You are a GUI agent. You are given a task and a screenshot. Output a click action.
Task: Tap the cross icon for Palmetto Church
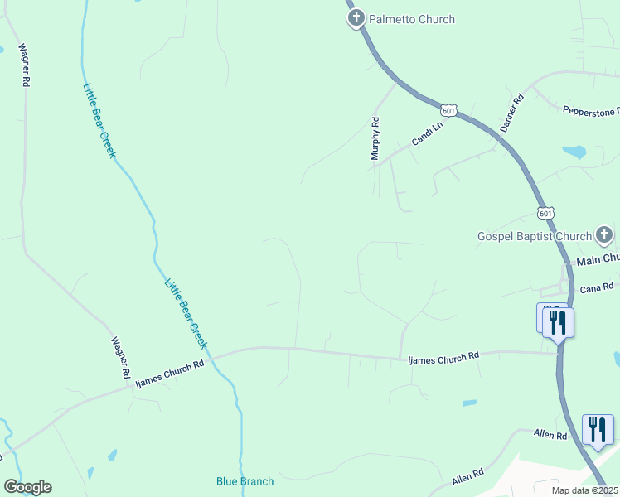(x=356, y=17)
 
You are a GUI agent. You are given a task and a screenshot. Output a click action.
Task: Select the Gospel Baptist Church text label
(x=535, y=236)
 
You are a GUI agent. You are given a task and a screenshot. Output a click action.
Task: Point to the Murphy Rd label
(x=375, y=138)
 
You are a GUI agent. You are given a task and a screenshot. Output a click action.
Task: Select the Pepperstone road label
(x=591, y=110)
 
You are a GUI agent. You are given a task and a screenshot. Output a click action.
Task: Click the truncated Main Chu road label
(x=598, y=259)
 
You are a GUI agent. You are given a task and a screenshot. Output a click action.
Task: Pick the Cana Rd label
(x=596, y=287)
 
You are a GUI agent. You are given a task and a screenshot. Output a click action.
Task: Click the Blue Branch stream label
(x=245, y=480)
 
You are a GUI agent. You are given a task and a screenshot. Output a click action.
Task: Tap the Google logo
(x=27, y=487)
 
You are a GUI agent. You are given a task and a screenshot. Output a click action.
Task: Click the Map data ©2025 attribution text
(x=584, y=490)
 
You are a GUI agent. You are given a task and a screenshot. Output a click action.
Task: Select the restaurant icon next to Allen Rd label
(x=598, y=429)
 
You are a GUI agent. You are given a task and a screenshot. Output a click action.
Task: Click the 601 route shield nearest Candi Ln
(x=448, y=110)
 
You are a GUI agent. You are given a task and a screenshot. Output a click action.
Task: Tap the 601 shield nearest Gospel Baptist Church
(x=545, y=213)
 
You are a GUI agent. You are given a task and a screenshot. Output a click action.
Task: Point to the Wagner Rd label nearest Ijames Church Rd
(x=120, y=358)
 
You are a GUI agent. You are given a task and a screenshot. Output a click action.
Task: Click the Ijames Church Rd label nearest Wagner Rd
(x=170, y=372)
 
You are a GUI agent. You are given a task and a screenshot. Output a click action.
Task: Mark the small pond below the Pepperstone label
(x=574, y=152)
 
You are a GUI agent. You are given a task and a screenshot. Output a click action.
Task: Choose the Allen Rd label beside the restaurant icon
(x=550, y=435)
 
